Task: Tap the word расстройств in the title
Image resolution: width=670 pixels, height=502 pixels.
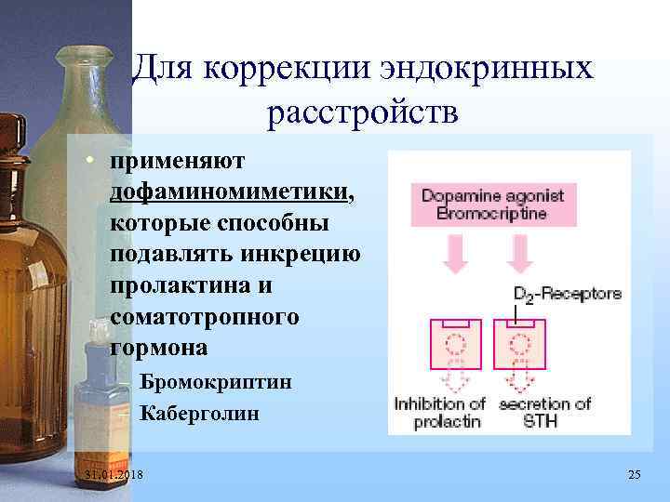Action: coord(362,114)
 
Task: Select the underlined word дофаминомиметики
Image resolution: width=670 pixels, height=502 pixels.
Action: coord(231,192)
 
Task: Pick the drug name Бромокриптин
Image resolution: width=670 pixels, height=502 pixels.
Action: coord(215,382)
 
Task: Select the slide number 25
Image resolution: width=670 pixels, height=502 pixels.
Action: coord(635,476)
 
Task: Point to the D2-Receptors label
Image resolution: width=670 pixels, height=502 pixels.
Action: coord(568,294)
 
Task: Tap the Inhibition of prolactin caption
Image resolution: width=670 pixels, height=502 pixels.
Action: coord(440,413)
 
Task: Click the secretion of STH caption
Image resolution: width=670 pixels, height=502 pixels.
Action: coord(544,413)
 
